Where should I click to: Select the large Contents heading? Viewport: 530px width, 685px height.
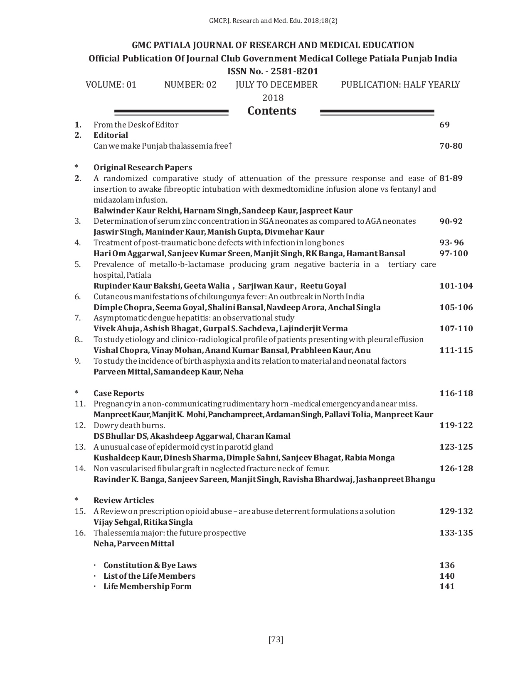[272, 111]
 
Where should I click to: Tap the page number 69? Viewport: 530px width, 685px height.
[444, 125]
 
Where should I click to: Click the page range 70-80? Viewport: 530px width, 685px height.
[451, 146]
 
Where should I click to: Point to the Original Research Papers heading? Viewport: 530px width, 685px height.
[143, 168]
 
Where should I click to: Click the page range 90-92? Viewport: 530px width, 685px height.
[451, 221]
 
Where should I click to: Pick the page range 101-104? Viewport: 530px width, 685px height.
[456, 286]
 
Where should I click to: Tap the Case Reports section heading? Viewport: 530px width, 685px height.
[118, 394]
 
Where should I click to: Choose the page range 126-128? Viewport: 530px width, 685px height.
[456, 469]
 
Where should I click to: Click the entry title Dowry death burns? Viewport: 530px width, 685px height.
[129, 426]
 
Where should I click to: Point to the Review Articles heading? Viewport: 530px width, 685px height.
[123, 501]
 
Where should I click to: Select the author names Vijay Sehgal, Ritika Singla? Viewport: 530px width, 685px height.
[143, 522]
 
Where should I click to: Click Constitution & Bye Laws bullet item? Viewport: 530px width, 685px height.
[150, 565]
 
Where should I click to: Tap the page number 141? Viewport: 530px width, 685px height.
[447, 587]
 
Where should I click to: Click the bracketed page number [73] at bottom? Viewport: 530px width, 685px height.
[276, 640]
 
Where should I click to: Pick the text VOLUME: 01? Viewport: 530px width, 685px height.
[111, 85]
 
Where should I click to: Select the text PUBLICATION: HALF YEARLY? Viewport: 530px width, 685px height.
[400, 85]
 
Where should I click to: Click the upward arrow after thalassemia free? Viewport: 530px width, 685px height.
[230, 146]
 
